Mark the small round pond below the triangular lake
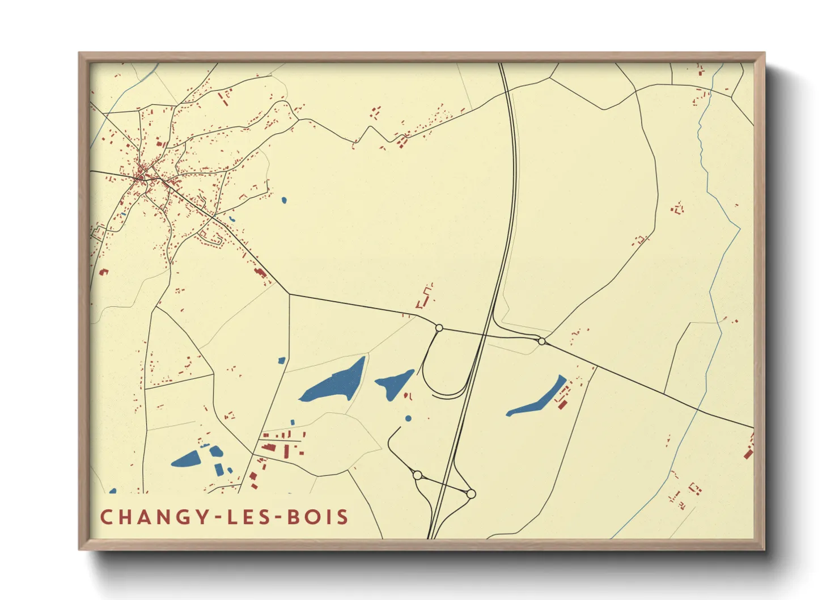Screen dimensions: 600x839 click(x=408, y=419)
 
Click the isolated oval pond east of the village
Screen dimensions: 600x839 click(x=283, y=200)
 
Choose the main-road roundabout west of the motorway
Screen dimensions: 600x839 click(x=439, y=328)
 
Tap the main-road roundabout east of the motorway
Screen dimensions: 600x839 click(x=542, y=341)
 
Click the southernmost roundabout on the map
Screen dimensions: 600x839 click(x=471, y=494)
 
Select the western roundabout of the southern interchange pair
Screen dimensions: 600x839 click(x=418, y=475)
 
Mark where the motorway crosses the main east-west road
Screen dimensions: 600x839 click(x=484, y=335)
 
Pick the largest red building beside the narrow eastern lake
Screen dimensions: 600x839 click(x=562, y=403)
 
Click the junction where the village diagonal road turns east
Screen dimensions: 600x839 click(x=289, y=294)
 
